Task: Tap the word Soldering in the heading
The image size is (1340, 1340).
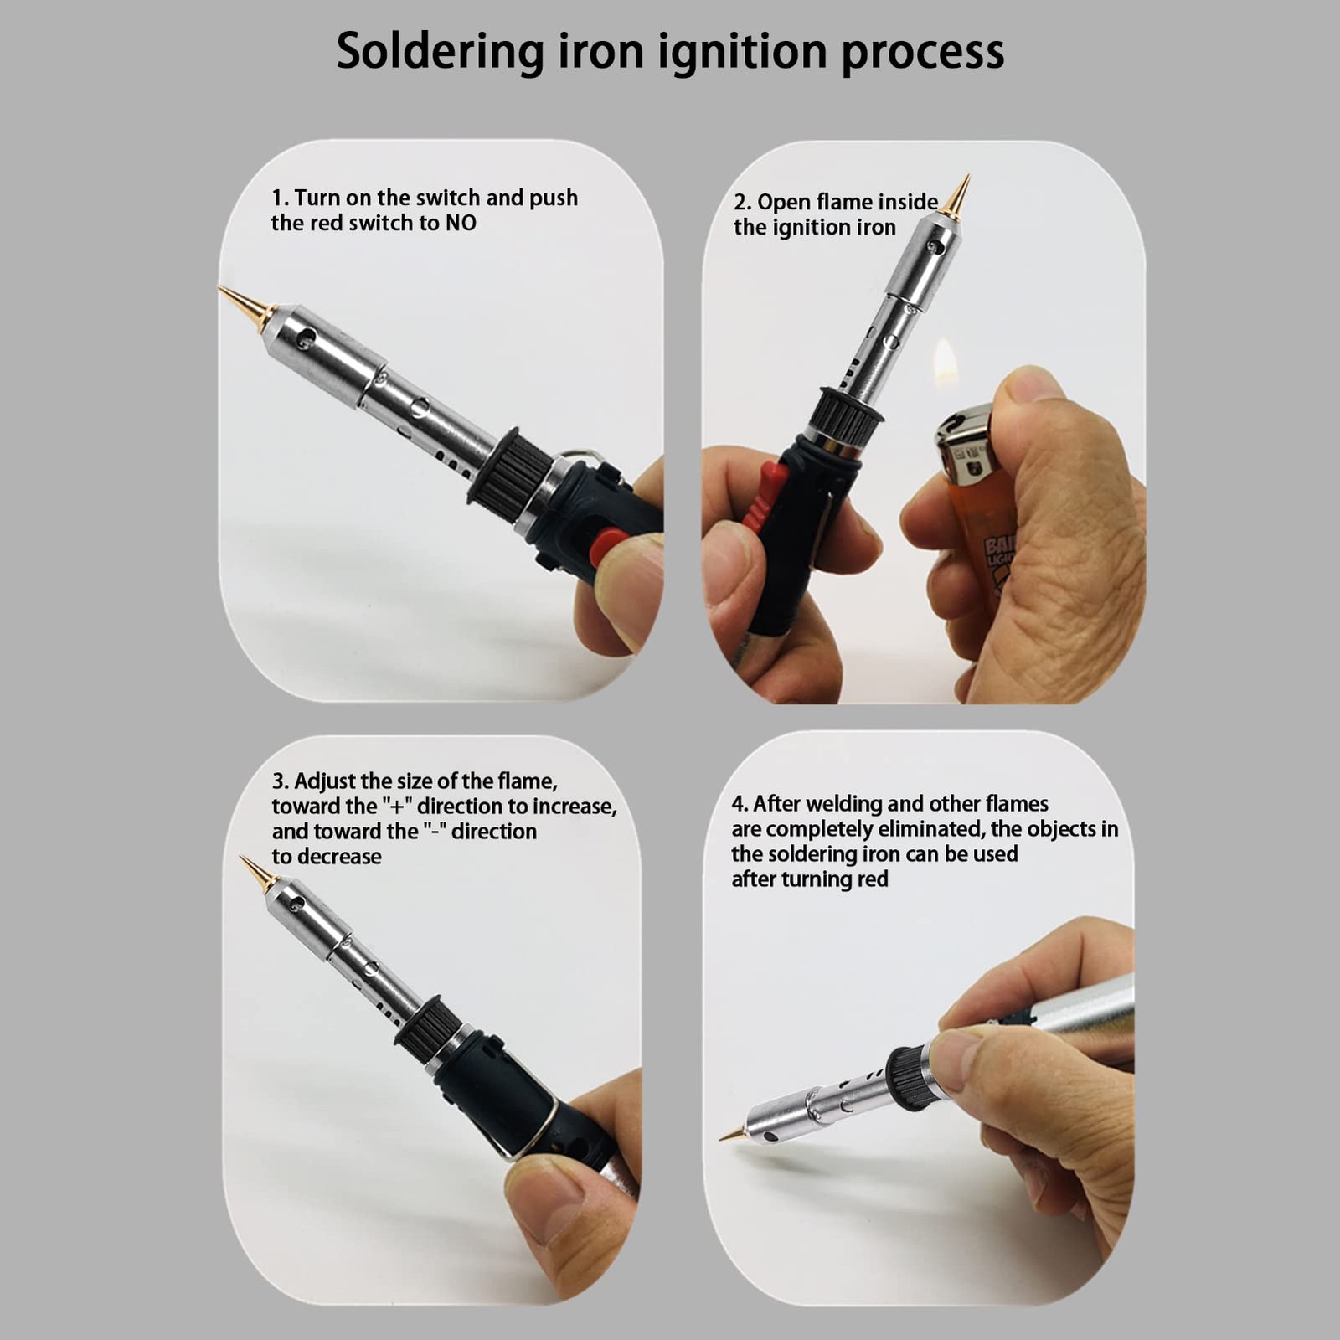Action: [x=441, y=52]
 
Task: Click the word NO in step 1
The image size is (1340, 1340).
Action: [x=461, y=223]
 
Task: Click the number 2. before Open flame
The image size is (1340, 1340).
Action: [x=742, y=203]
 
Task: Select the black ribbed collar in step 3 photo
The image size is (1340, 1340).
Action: [x=427, y=1030]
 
